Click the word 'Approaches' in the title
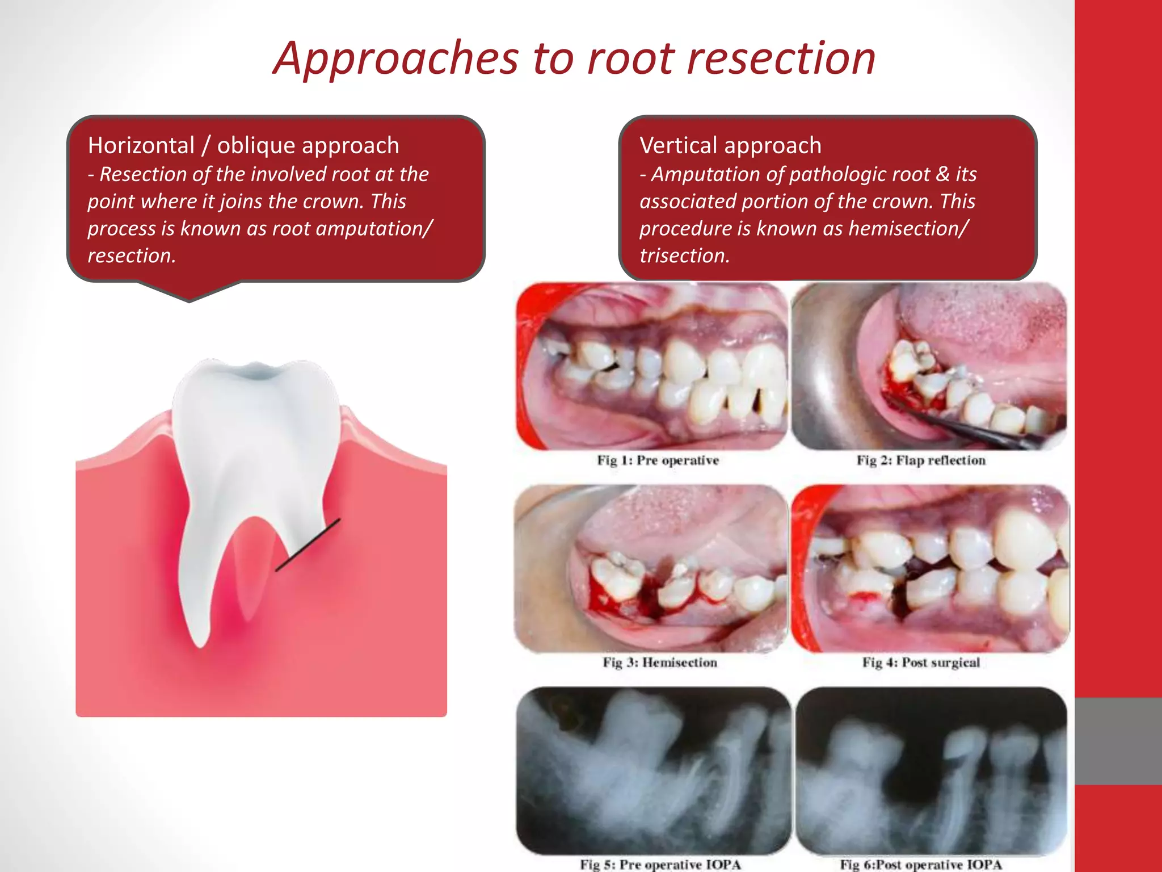[x=395, y=59]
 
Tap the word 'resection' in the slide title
[x=781, y=59]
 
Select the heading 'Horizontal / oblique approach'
[x=243, y=145]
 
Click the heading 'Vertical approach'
[x=730, y=145]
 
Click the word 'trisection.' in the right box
[x=684, y=255]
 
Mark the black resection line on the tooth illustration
[x=308, y=544]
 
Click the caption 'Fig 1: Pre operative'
[x=658, y=460]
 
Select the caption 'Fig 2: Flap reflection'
[x=921, y=460]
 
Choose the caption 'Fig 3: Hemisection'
[x=659, y=663]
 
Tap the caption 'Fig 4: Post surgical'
[x=921, y=663]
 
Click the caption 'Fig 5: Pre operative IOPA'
[x=660, y=865]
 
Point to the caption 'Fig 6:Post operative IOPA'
[x=921, y=865]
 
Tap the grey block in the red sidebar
[x=1118, y=741]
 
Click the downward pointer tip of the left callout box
[x=190, y=300]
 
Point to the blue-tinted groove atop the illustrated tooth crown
[x=255, y=372]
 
